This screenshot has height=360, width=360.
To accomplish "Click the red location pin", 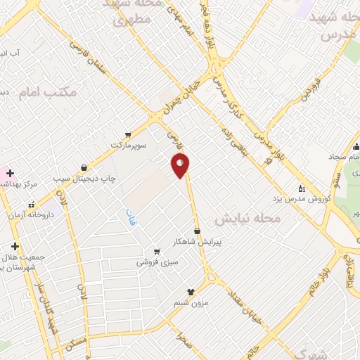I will click(181, 165).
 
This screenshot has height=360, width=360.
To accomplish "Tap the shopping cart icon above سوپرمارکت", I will click(127, 134).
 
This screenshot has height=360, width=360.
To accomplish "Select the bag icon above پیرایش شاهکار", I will click(197, 231).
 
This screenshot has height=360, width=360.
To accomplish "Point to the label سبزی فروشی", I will click(157, 261).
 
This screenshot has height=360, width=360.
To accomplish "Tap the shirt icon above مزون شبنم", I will click(190, 291).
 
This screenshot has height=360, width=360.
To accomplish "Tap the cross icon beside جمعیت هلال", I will click(15, 246).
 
